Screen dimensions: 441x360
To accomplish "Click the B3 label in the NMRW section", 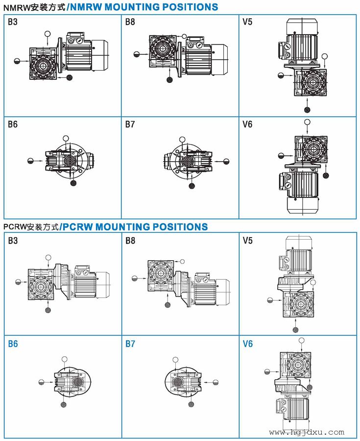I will (x=13, y=22).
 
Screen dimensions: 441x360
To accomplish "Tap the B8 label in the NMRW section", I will (x=130, y=22).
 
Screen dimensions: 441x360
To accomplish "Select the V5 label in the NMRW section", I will (x=247, y=22).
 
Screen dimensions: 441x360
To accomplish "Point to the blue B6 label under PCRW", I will (x=13, y=344).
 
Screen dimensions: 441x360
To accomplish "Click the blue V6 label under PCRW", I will (x=248, y=344).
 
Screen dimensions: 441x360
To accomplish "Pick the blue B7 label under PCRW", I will (x=130, y=344).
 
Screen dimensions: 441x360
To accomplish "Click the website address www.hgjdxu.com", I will (x=307, y=432).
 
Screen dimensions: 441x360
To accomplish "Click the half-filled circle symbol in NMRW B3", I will (x=17, y=61).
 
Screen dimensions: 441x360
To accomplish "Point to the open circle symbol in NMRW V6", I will (x=307, y=122).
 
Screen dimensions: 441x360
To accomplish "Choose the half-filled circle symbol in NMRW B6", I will (x=30, y=161).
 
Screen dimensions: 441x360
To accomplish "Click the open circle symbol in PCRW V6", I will (x=301, y=340).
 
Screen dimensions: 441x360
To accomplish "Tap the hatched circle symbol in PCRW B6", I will (x=64, y=404).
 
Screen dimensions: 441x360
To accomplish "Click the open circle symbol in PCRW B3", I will (x=48, y=258).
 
